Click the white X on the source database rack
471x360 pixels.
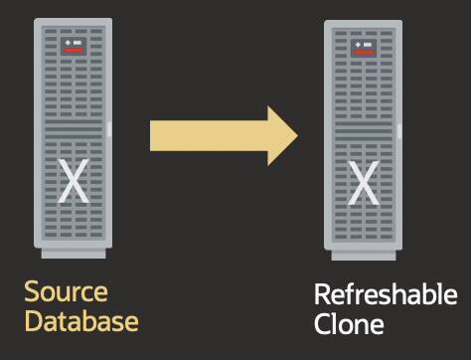tap(73, 181)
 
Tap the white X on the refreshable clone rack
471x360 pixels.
tap(364, 182)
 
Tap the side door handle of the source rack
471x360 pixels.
tap(109, 130)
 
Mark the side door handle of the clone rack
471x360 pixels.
tap(399, 130)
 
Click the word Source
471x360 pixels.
tap(66, 293)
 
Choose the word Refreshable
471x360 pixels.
tap(386, 295)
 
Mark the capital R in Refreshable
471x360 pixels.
tap(322, 295)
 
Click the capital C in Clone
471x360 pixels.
tap(322, 323)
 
